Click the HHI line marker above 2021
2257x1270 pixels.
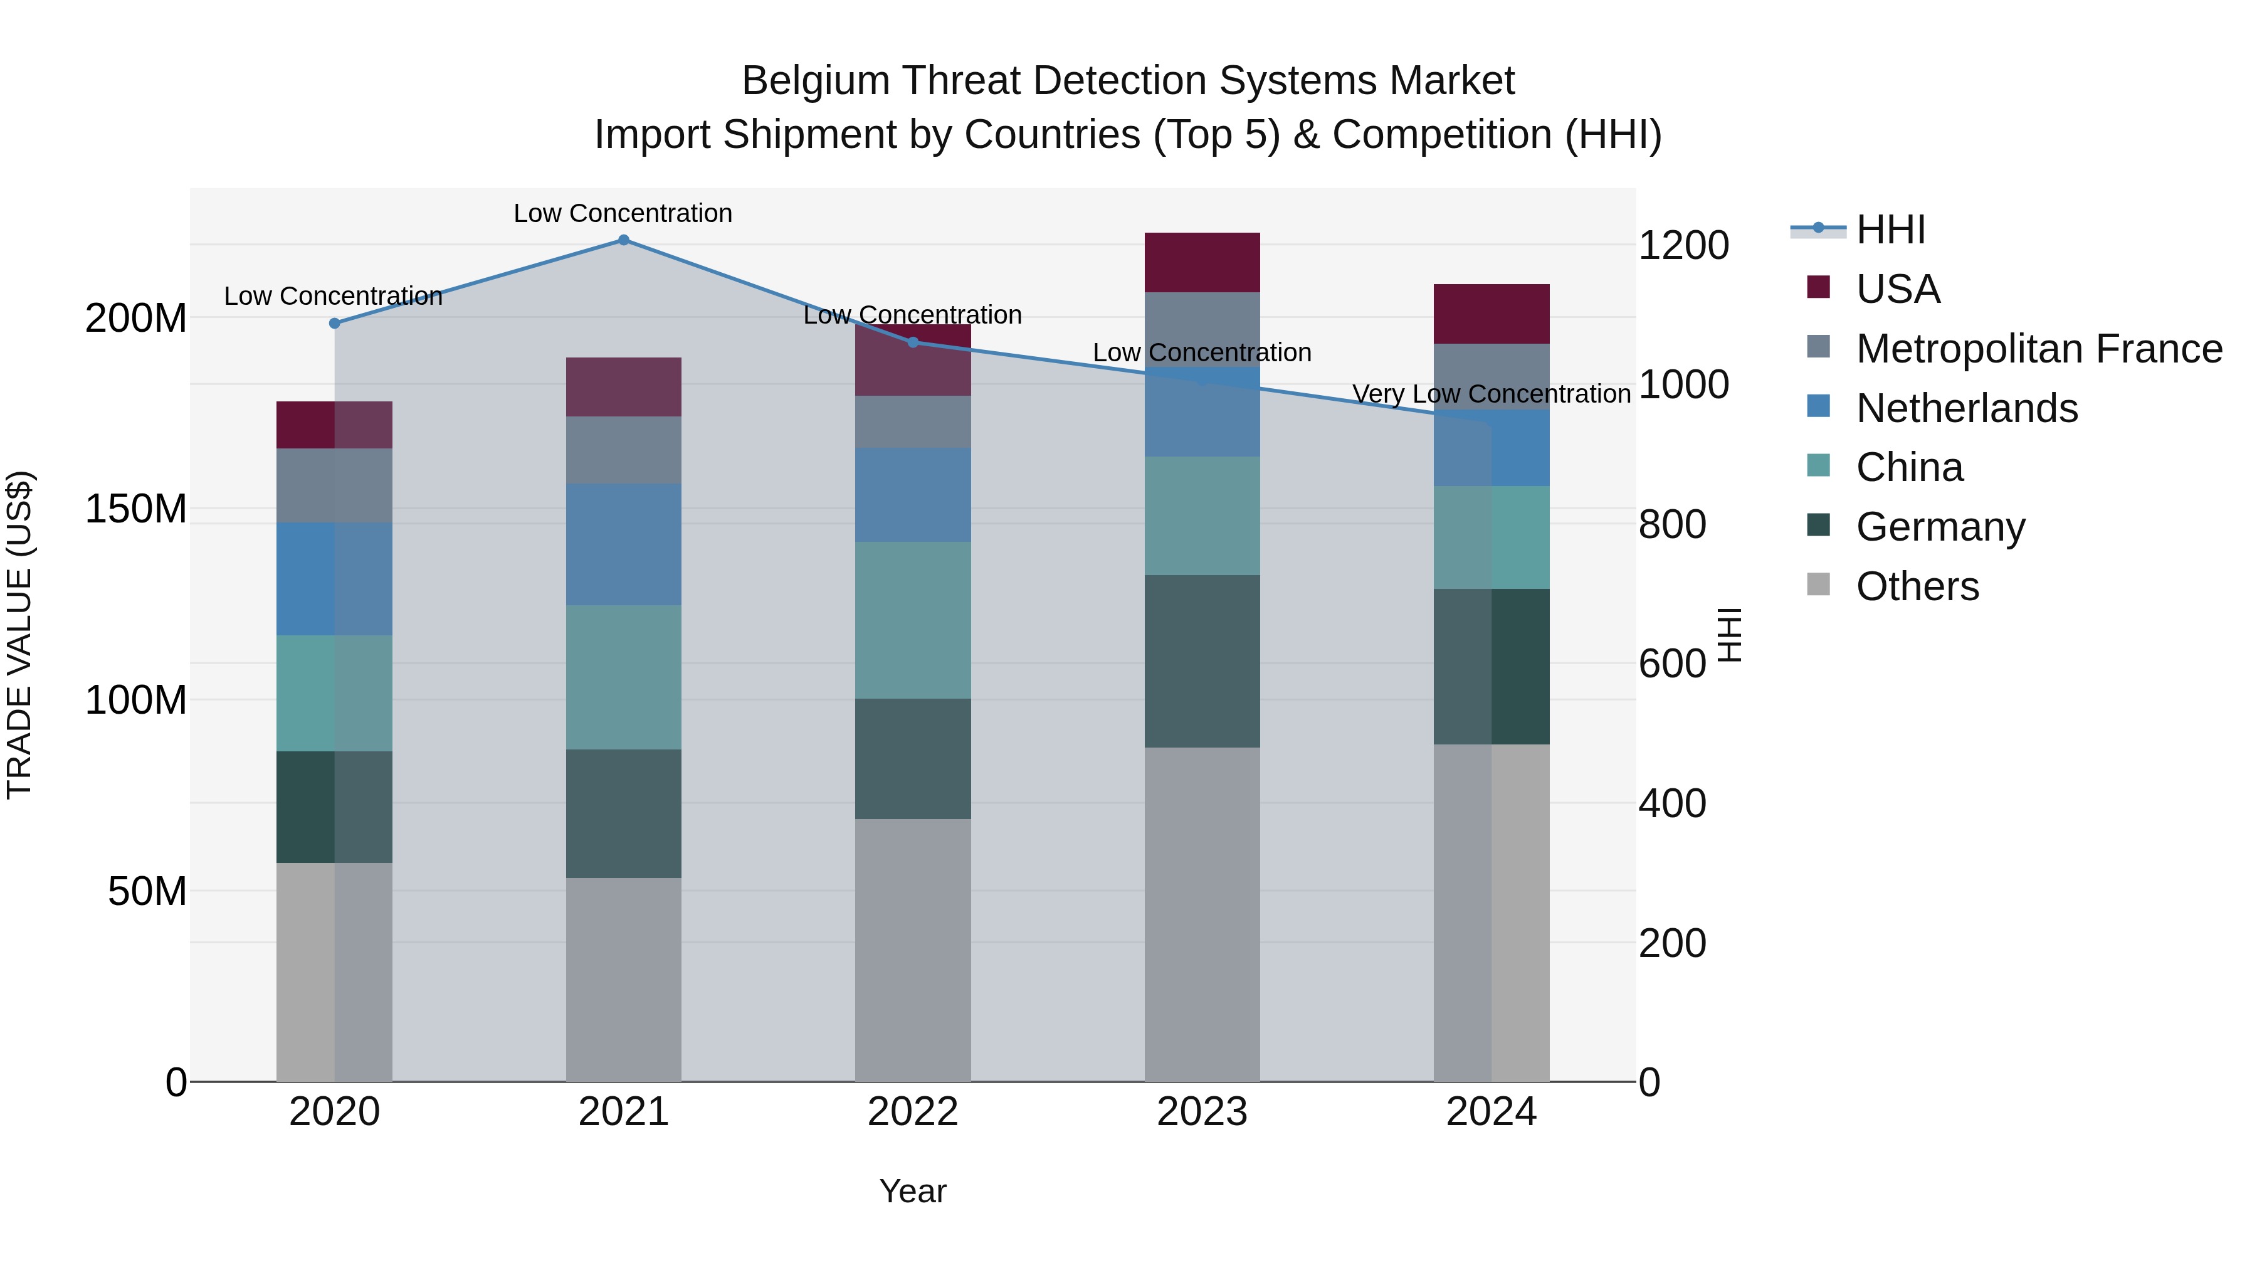click(623, 240)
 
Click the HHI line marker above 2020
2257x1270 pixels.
click(334, 324)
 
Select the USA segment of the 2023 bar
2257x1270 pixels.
click(1201, 262)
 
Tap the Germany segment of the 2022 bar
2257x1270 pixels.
click(912, 758)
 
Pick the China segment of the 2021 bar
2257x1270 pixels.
click(623, 677)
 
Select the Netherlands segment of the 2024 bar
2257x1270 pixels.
click(1492, 448)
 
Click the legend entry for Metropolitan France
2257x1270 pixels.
click(2039, 349)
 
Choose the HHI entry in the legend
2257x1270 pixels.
click(1890, 230)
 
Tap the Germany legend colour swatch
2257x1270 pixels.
click(1818, 525)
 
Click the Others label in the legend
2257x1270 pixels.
click(1917, 586)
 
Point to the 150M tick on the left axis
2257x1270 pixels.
click(136, 509)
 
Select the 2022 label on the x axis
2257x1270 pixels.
click(912, 1112)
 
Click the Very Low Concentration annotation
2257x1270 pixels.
click(1492, 394)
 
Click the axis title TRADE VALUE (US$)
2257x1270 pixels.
click(20, 635)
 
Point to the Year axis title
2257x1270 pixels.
click(912, 1191)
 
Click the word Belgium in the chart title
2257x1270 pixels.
click(816, 81)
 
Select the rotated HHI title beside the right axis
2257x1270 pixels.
click(1728, 635)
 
